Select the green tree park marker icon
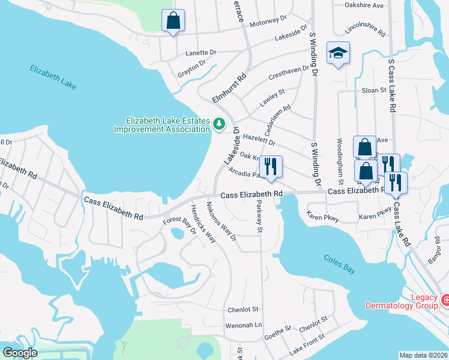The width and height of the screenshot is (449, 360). coord(219,124)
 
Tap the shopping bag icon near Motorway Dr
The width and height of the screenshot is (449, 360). coord(173,21)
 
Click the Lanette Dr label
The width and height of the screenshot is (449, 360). coord(200,52)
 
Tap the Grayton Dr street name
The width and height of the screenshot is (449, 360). coord(191,70)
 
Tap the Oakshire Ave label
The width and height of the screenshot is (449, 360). coord(364,5)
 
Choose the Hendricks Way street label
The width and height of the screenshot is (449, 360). coord(203,223)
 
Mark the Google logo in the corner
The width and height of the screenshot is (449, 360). coord(20,353)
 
